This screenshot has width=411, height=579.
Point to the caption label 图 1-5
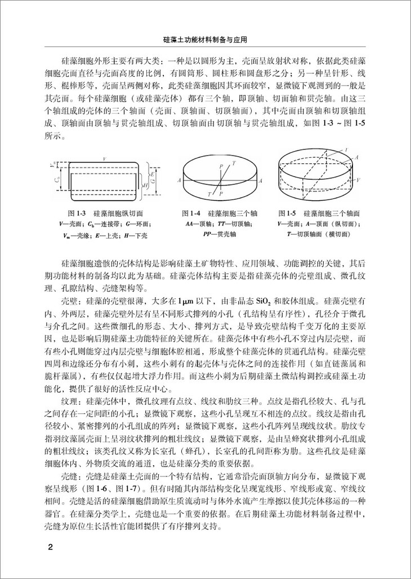coord(287,214)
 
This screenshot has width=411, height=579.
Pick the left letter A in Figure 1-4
coord(178,180)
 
